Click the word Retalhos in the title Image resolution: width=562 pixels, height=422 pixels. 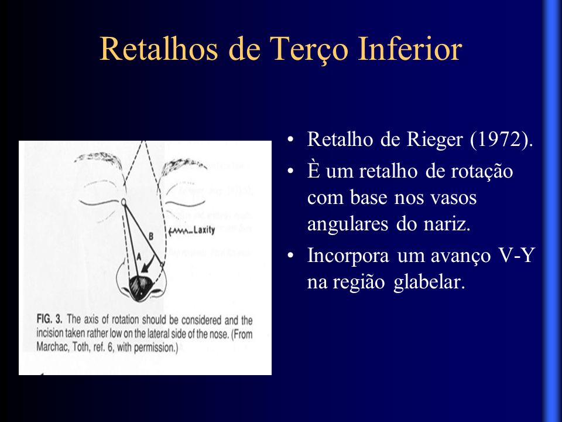[x=159, y=49]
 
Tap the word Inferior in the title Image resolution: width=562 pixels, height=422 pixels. [x=410, y=48]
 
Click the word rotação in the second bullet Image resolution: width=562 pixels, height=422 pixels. [x=482, y=172]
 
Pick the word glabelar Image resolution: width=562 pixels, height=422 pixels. [x=429, y=282]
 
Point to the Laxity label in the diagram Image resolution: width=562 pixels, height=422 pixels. [x=204, y=230]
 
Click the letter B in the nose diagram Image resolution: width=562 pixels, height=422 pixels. [x=151, y=236]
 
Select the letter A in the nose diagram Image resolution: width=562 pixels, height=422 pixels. [x=139, y=256]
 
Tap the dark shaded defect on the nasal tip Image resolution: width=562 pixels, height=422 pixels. [x=140, y=287]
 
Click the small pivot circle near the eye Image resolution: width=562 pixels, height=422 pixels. [x=124, y=203]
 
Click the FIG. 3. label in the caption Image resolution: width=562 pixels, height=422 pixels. [x=49, y=319]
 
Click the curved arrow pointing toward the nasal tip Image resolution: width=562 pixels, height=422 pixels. [x=149, y=265]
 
